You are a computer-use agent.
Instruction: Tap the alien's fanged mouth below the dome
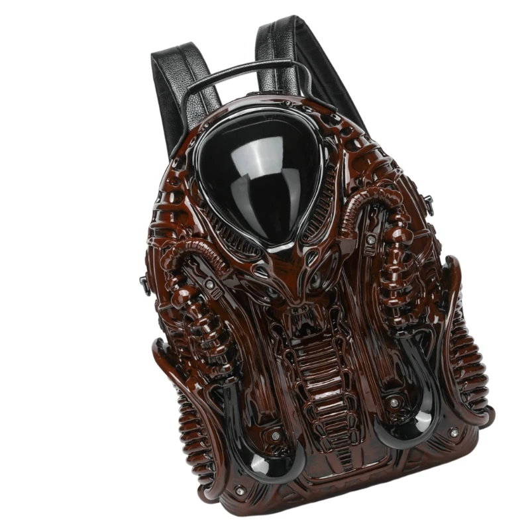[300, 320]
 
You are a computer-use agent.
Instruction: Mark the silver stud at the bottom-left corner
[240, 490]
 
